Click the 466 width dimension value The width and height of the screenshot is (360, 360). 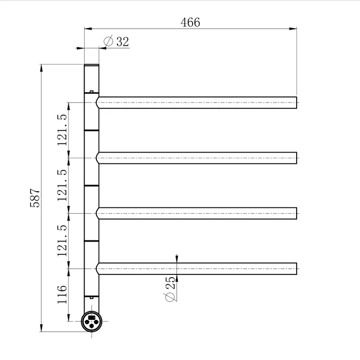pyautogui.click(x=190, y=22)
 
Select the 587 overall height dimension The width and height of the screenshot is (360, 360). pyautogui.click(x=35, y=198)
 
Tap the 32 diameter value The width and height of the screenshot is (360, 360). pyautogui.click(x=122, y=42)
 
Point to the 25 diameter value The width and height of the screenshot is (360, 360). pyautogui.click(x=170, y=283)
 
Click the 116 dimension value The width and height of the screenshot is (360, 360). pyautogui.click(x=62, y=295)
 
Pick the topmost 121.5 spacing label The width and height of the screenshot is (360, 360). pyautogui.click(x=62, y=130)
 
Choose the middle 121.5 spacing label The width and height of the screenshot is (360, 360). pyautogui.click(x=62, y=185)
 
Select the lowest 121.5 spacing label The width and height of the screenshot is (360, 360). pyautogui.click(x=62, y=241)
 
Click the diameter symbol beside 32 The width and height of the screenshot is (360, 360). pyautogui.click(x=108, y=41)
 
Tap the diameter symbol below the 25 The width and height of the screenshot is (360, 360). pyautogui.click(x=170, y=297)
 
